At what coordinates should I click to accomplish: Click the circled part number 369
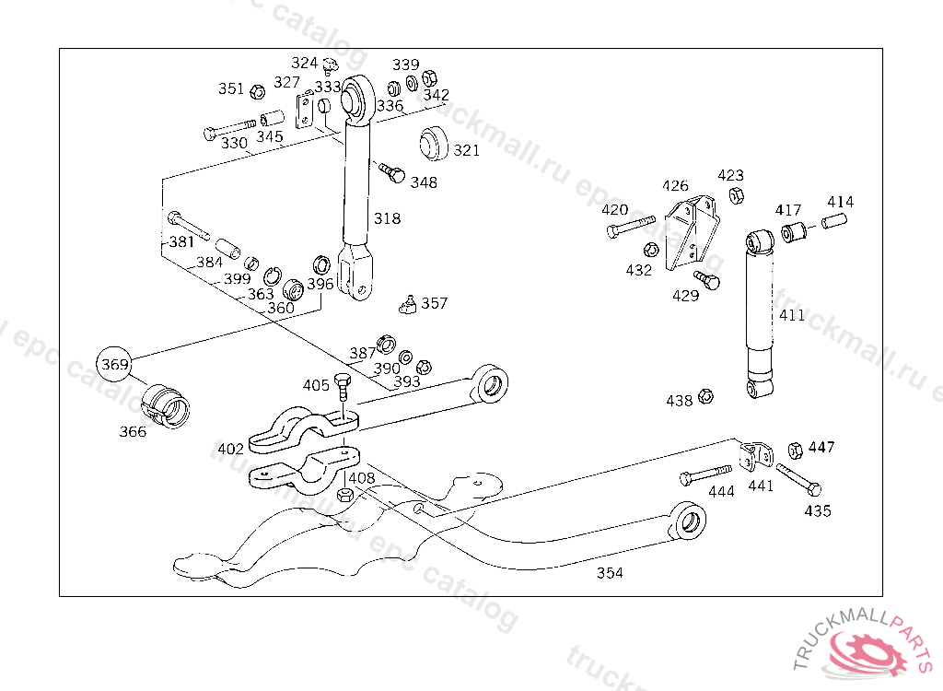[x=115, y=365]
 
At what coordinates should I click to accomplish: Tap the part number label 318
[x=388, y=218]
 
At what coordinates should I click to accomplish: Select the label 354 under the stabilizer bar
[x=610, y=573]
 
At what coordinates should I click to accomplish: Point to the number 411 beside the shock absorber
[x=792, y=315]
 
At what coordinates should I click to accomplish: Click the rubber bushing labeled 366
[x=167, y=404]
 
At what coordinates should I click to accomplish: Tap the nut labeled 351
[x=259, y=90]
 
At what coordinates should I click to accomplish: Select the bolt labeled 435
[x=798, y=479]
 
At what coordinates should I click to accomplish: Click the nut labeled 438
[x=706, y=396]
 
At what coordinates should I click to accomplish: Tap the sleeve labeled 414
[x=832, y=222]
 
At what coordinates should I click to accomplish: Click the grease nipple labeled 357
[x=405, y=303]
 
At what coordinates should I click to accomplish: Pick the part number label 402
[x=230, y=450]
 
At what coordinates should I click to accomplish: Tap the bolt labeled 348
[x=393, y=172]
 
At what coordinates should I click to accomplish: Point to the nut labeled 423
[x=736, y=195]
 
